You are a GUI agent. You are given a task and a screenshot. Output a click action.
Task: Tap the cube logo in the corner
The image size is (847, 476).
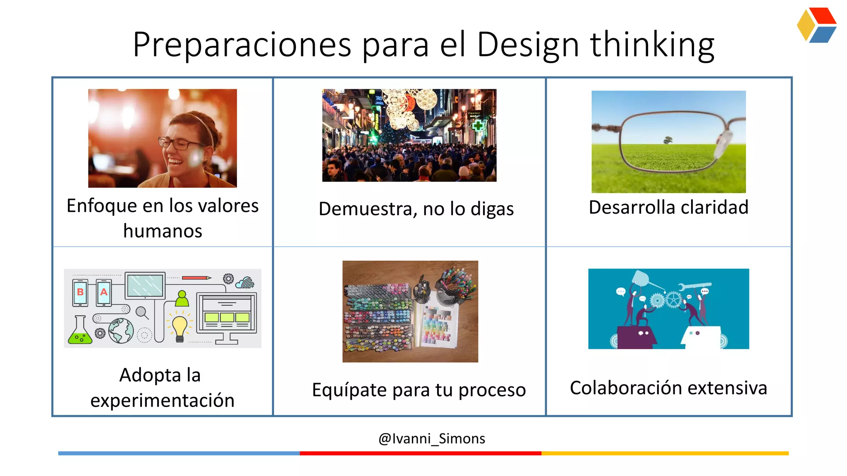816,25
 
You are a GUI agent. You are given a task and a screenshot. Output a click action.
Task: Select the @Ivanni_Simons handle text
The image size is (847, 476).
431,438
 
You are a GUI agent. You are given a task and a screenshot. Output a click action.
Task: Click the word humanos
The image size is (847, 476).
163,231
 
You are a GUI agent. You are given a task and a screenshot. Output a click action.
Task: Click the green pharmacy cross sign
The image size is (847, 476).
478,126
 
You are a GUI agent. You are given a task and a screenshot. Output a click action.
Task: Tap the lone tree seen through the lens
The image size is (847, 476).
668,140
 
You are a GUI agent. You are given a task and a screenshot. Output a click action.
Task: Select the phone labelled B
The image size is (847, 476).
80,293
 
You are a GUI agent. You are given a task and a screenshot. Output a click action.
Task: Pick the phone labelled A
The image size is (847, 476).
104,293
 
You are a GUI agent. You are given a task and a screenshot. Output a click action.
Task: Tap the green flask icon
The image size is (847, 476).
80,331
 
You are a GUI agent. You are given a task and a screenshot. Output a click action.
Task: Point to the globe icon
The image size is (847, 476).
121,331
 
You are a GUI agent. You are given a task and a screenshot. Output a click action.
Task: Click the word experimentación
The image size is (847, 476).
163,400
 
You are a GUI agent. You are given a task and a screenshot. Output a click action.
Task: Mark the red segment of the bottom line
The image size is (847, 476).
420,453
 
